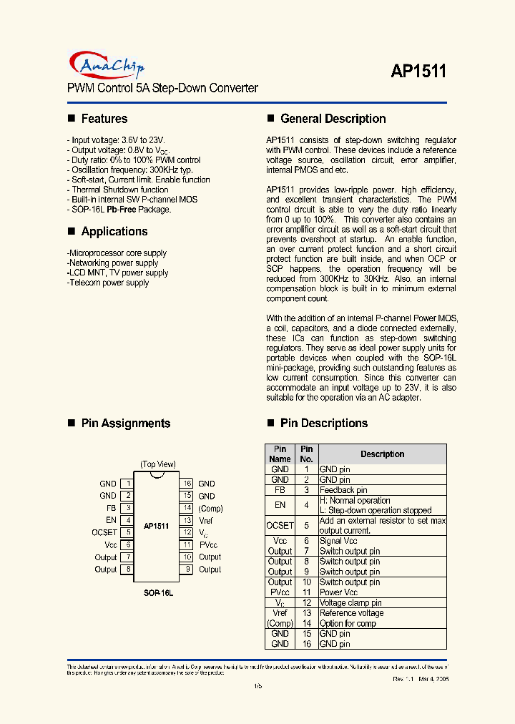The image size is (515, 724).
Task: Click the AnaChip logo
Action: (107, 65)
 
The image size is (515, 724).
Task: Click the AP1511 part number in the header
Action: (418, 71)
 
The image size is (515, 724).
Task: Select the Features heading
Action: (104, 119)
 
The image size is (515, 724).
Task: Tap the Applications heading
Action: (114, 231)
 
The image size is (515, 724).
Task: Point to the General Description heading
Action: (333, 119)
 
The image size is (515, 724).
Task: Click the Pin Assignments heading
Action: (125, 423)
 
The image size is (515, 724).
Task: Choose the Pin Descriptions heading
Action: (324, 423)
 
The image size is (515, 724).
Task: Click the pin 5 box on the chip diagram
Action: (127, 532)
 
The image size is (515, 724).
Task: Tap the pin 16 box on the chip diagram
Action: (186, 484)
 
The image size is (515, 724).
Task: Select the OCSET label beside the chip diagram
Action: (104, 532)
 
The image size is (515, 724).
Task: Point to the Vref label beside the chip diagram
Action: (206, 521)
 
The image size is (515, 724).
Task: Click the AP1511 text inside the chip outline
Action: (156, 526)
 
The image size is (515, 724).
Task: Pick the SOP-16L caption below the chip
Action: (158, 593)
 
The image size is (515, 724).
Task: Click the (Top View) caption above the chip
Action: (158, 464)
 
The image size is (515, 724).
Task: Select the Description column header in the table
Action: (382, 454)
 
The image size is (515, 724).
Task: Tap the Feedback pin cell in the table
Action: (343, 490)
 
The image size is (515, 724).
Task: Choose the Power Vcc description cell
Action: (338, 592)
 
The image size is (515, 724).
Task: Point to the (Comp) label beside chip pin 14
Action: (210, 509)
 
